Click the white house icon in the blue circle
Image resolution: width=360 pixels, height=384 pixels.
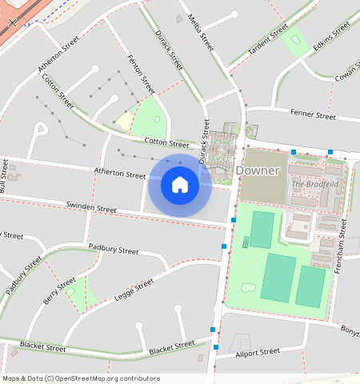(180, 186)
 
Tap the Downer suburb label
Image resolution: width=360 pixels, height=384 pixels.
(257, 170)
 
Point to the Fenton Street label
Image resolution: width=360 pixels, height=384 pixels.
(142, 74)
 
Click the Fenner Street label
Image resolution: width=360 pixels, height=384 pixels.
(313, 115)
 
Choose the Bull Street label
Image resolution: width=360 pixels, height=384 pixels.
(4, 176)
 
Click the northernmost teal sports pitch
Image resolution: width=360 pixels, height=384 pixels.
(262, 230)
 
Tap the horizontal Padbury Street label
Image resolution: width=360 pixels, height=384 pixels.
(113, 250)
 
